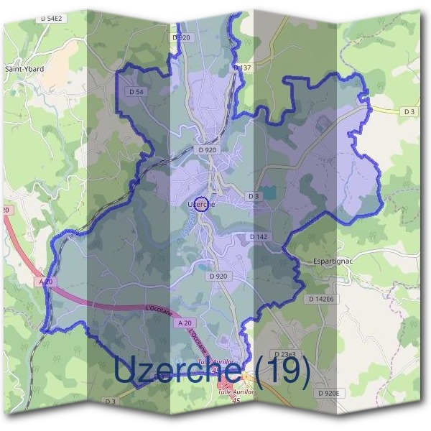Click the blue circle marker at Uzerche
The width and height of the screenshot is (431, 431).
[x=202, y=203]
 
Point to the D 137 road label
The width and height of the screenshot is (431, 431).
[x=243, y=67]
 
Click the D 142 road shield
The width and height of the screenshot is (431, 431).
[x=258, y=236]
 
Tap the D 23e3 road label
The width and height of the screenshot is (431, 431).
[x=285, y=354]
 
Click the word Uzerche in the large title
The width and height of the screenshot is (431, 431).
[x=177, y=371]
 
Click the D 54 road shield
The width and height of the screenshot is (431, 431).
[x=136, y=92]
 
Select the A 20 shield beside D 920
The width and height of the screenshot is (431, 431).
[x=185, y=324]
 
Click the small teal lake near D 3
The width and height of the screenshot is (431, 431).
[x=268, y=193]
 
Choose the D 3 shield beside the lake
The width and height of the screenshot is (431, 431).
[x=253, y=196]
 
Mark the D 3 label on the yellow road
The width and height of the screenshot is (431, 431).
[x=409, y=111]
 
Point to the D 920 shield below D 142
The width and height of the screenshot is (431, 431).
[x=218, y=276]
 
